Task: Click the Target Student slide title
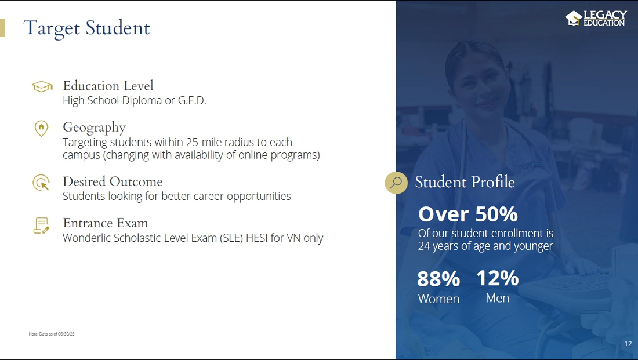pos(86,28)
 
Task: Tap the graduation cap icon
pos(42,86)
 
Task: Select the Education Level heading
pos(108,86)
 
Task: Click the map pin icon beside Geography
pos(41,129)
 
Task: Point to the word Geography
pos(94,128)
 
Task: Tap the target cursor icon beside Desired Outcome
pos(41,182)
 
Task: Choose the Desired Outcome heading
pos(113,181)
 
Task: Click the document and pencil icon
pos(41,226)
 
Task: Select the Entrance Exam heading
pos(106,223)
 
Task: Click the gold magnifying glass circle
pos(396,183)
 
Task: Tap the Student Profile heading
pos(465,182)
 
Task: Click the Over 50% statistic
pos(468,214)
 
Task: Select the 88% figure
pos(438,279)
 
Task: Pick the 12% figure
pos(497,279)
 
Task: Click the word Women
pos(438,299)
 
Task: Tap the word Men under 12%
pos(497,298)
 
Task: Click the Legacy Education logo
pos(596,19)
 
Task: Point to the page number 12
pos(628,344)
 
